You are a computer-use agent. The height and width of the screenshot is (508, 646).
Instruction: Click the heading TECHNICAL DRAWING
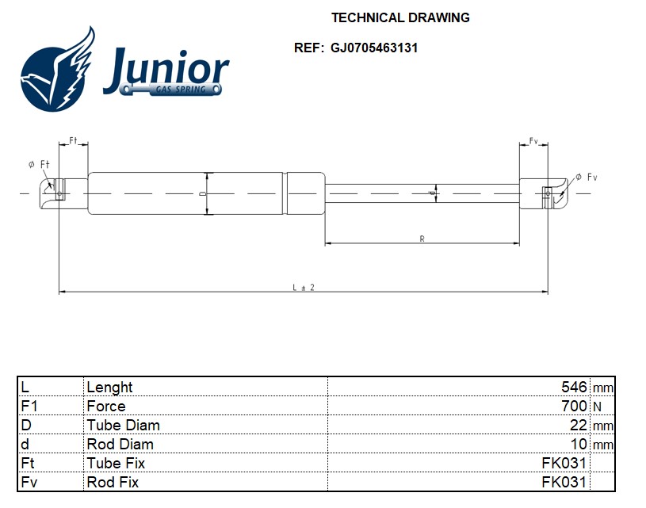pyautogui.click(x=400, y=17)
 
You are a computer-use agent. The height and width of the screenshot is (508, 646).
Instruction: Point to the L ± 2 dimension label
pyautogui.click(x=304, y=287)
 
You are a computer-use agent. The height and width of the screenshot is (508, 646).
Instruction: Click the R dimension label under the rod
pyautogui.click(x=422, y=239)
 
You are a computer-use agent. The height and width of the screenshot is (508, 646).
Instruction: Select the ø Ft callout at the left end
pyautogui.click(x=38, y=164)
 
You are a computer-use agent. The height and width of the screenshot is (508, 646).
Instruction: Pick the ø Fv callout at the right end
pyautogui.click(x=587, y=177)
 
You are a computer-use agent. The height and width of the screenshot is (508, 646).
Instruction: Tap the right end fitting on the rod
pyautogui.click(x=552, y=193)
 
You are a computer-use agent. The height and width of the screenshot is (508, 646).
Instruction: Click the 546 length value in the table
pyautogui.click(x=573, y=387)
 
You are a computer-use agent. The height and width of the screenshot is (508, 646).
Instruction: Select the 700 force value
pyautogui.click(x=573, y=406)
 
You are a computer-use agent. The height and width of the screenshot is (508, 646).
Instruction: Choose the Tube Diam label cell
pyautogui.click(x=123, y=425)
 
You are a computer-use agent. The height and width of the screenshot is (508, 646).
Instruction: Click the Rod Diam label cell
pyautogui.click(x=120, y=444)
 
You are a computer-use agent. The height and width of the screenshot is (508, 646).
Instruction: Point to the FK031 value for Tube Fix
pyautogui.click(x=564, y=463)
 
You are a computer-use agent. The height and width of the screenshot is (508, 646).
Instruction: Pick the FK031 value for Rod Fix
pyautogui.click(x=564, y=482)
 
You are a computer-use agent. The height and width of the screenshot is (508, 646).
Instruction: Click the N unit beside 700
pyautogui.click(x=598, y=407)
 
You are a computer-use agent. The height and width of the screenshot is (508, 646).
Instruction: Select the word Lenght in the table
pyautogui.click(x=109, y=387)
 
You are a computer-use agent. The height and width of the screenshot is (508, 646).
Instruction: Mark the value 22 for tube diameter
pyautogui.click(x=578, y=425)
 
